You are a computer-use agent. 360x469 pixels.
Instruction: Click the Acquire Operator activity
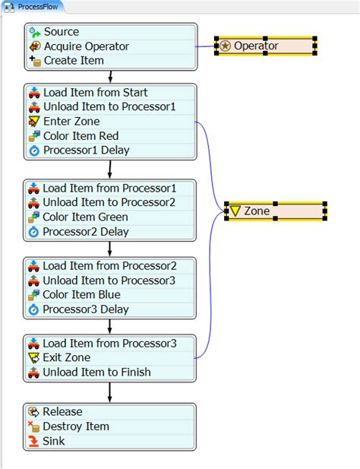pyautogui.click(x=86, y=46)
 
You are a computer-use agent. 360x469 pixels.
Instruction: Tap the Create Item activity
pyautogui.click(x=74, y=61)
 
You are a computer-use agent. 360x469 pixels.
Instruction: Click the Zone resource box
pyautogui.click(x=276, y=211)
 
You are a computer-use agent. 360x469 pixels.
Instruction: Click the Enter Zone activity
pyautogui.click(x=71, y=122)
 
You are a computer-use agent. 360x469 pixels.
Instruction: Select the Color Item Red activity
pyautogui.click(x=81, y=136)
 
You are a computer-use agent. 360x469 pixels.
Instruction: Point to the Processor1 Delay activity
pyautogui.click(x=85, y=151)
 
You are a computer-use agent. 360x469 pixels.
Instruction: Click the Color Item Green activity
pyautogui.click(x=85, y=217)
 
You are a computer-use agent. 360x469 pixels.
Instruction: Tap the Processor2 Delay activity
pyautogui.click(x=85, y=231)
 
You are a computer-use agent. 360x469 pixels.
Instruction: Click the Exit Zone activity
pyautogui.click(x=67, y=358)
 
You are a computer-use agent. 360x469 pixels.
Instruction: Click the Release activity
pyautogui.click(x=62, y=412)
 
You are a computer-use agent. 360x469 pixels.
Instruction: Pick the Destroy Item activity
pyautogui.click(x=76, y=426)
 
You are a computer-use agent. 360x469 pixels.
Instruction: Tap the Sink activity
pyautogui.click(x=53, y=441)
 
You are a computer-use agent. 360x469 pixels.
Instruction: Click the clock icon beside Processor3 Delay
pyautogui.click(x=33, y=310)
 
